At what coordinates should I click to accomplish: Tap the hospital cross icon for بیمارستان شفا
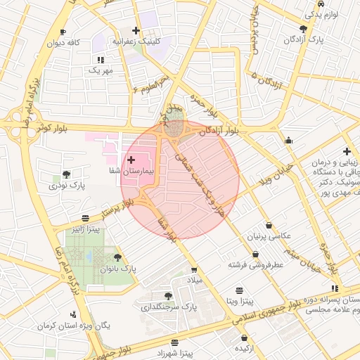[x=131, y=160]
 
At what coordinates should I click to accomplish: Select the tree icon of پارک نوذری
[x=67, y=174]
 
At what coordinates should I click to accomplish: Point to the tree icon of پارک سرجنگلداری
[x=167, y=296]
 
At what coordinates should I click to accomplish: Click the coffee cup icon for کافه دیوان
[x=63, y=32]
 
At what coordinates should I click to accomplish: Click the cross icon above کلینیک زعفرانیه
[x=136, y=31]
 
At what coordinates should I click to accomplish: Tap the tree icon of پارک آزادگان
[x=303, y=29]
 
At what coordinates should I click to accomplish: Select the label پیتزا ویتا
[x=239, y=300]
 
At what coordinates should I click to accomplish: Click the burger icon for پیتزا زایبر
[x=85, y=218]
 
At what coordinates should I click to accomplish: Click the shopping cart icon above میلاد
[x=194, y=270]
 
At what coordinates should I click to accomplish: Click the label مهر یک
[x=100, y=70]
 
